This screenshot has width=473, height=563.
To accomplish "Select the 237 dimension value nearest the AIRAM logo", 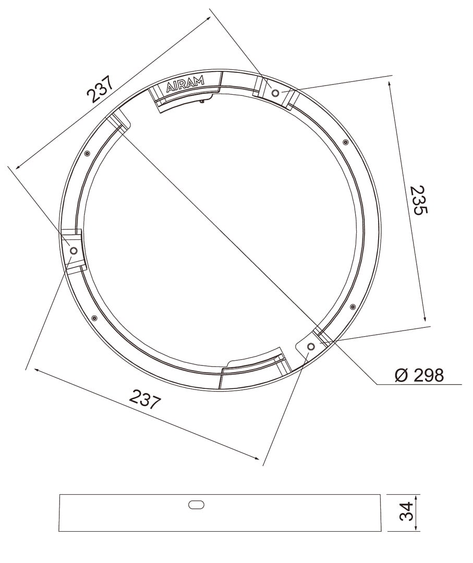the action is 100,89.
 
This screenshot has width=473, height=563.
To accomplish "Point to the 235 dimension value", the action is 418,200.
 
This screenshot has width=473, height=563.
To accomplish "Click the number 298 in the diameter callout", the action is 429,375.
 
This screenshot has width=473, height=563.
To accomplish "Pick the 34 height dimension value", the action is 406,511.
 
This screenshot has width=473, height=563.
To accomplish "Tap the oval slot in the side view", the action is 196,505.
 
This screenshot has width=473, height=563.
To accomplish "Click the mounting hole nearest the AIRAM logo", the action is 275,93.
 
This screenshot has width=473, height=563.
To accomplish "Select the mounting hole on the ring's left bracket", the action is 73,250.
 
